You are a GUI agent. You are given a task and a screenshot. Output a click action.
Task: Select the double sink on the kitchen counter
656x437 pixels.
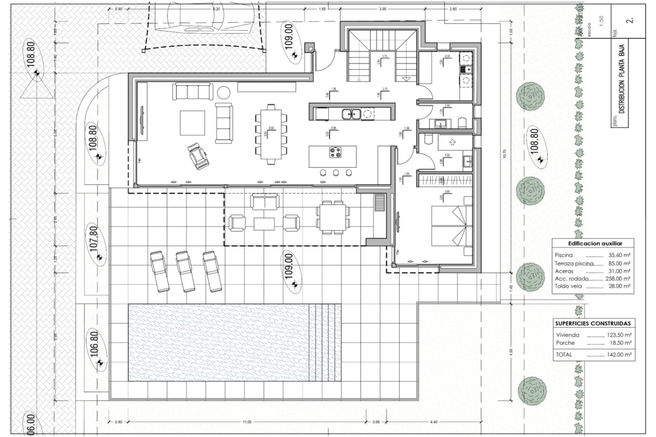[x=351, y=114]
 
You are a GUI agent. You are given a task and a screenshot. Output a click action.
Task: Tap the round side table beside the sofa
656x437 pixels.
[x=224, y=92]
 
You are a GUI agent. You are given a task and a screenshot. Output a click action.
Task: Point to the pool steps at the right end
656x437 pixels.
[x=325, y=342]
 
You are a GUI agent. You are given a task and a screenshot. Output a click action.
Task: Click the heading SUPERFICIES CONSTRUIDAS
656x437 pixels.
[x=593, y=323]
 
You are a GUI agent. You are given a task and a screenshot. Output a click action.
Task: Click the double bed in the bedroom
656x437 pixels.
[x=449, y=226]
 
